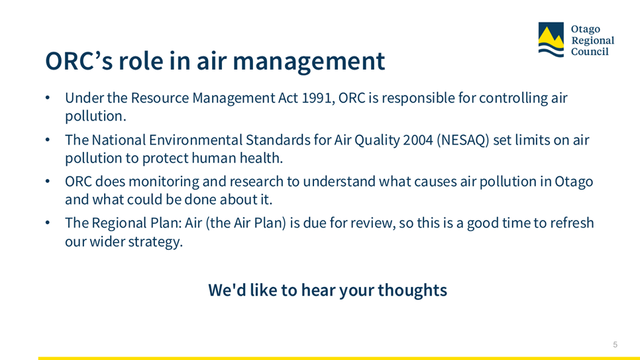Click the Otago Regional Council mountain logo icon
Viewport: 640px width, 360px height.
point(551,39)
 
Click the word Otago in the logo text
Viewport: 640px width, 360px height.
point(586,29)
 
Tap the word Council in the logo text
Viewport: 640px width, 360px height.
point(590,52)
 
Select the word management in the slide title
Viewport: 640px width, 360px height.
point(309,61)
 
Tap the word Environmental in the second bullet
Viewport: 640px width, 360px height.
point(195,140)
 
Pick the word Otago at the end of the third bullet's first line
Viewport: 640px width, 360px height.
point(574,182)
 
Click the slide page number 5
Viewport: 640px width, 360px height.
point(615,345)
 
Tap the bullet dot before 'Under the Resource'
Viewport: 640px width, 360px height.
point(48,98)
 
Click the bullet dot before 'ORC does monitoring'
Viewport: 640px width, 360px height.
point(48,182)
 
